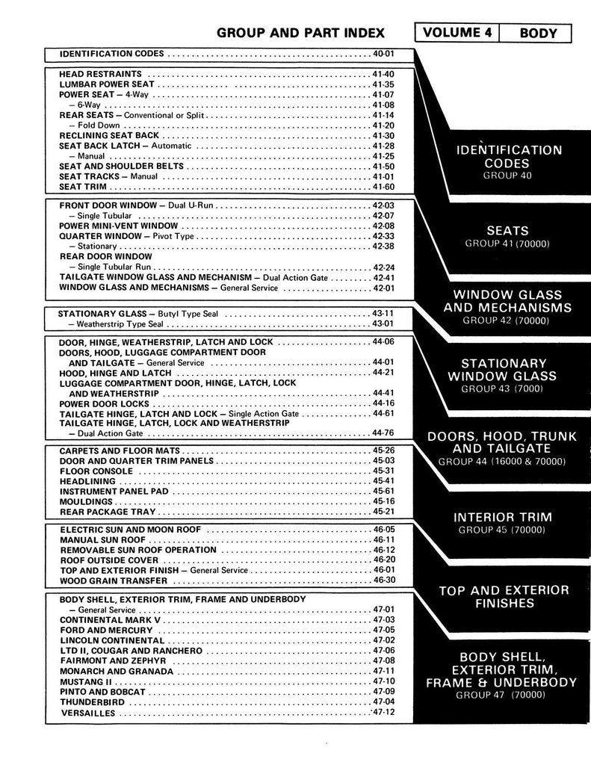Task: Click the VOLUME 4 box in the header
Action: pos(456,33)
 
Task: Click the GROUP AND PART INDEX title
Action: pos(300,33)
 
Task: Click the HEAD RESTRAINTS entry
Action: pos(100,75)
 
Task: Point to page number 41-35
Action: pos(383,85)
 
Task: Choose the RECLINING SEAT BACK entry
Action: pos(109,136)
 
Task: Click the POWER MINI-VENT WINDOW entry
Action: pos(119,226)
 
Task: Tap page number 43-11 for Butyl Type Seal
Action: pos(383,314)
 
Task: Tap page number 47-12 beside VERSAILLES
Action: pos(383,713)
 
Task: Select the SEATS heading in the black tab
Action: pos(506,231)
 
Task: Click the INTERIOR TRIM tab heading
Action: pos(503,517)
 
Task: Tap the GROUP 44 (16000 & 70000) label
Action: pos(501,462)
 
